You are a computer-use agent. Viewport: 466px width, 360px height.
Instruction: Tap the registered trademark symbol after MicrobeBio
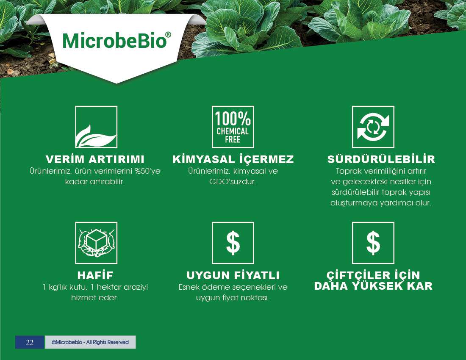[x=168, y=35]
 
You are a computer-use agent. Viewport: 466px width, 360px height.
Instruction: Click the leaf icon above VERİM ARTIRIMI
[x=96, y=127]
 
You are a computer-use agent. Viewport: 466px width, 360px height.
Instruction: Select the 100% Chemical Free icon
[x=233, y=127]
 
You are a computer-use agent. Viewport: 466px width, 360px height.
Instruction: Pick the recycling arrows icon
[x=373, y=127]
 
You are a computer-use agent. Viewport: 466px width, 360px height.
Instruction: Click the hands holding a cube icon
[x=96, y=243]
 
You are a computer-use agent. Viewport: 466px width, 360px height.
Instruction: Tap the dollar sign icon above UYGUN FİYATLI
[x=233, y=243]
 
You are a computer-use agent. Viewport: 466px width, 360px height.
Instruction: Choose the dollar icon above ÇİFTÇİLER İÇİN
[x=373, y=243]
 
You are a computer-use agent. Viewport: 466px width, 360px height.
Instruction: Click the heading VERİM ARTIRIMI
[x=95, y=159]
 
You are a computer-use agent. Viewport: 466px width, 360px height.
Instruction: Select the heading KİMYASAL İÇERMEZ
[x=233, y=159]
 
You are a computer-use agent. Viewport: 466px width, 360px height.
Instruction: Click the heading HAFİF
[x=95, y=275]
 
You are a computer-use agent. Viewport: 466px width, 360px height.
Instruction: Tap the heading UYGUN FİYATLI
[x=233, y=275]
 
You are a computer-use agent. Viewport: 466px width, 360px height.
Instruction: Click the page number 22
[x=30, y=343]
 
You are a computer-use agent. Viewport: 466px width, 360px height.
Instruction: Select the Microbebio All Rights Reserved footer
[x=90, y=342]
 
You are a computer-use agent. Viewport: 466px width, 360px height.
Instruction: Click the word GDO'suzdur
[x=233, y=182]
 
